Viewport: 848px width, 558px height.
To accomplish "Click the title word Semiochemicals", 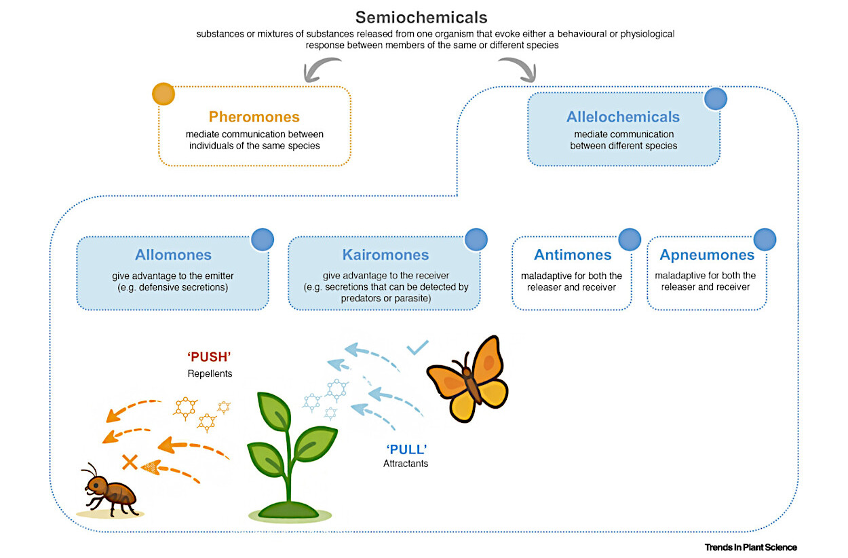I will [x=421, y=16].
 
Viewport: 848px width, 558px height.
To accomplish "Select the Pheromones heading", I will [x=254, y=117].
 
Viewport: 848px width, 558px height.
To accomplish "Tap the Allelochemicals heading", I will [x=623, y=117].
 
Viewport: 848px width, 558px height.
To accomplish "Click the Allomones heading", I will [x=173, y=255].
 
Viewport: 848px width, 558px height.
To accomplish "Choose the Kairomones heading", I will [x=385, y=255].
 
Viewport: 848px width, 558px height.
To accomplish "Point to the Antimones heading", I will [x=573, y=255].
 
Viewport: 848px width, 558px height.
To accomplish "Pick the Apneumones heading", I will [x=707, y=255].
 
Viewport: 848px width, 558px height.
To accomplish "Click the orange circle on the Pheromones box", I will [x=163, y=94].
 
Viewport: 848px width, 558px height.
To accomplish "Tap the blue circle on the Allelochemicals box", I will [x=716, y=99].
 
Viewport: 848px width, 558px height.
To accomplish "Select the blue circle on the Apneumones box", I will [x=765, y=240].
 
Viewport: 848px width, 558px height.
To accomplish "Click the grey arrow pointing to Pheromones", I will [x=320, y=69].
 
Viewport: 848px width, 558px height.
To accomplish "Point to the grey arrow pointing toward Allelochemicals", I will [x=519, y=69].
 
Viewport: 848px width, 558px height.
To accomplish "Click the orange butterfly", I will [x=467, y=378].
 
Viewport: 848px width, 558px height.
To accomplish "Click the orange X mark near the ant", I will [x=130, y=463].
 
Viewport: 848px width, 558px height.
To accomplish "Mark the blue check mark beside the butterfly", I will [x=417, y=348].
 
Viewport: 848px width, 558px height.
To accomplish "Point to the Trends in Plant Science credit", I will [x=750, y=547].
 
